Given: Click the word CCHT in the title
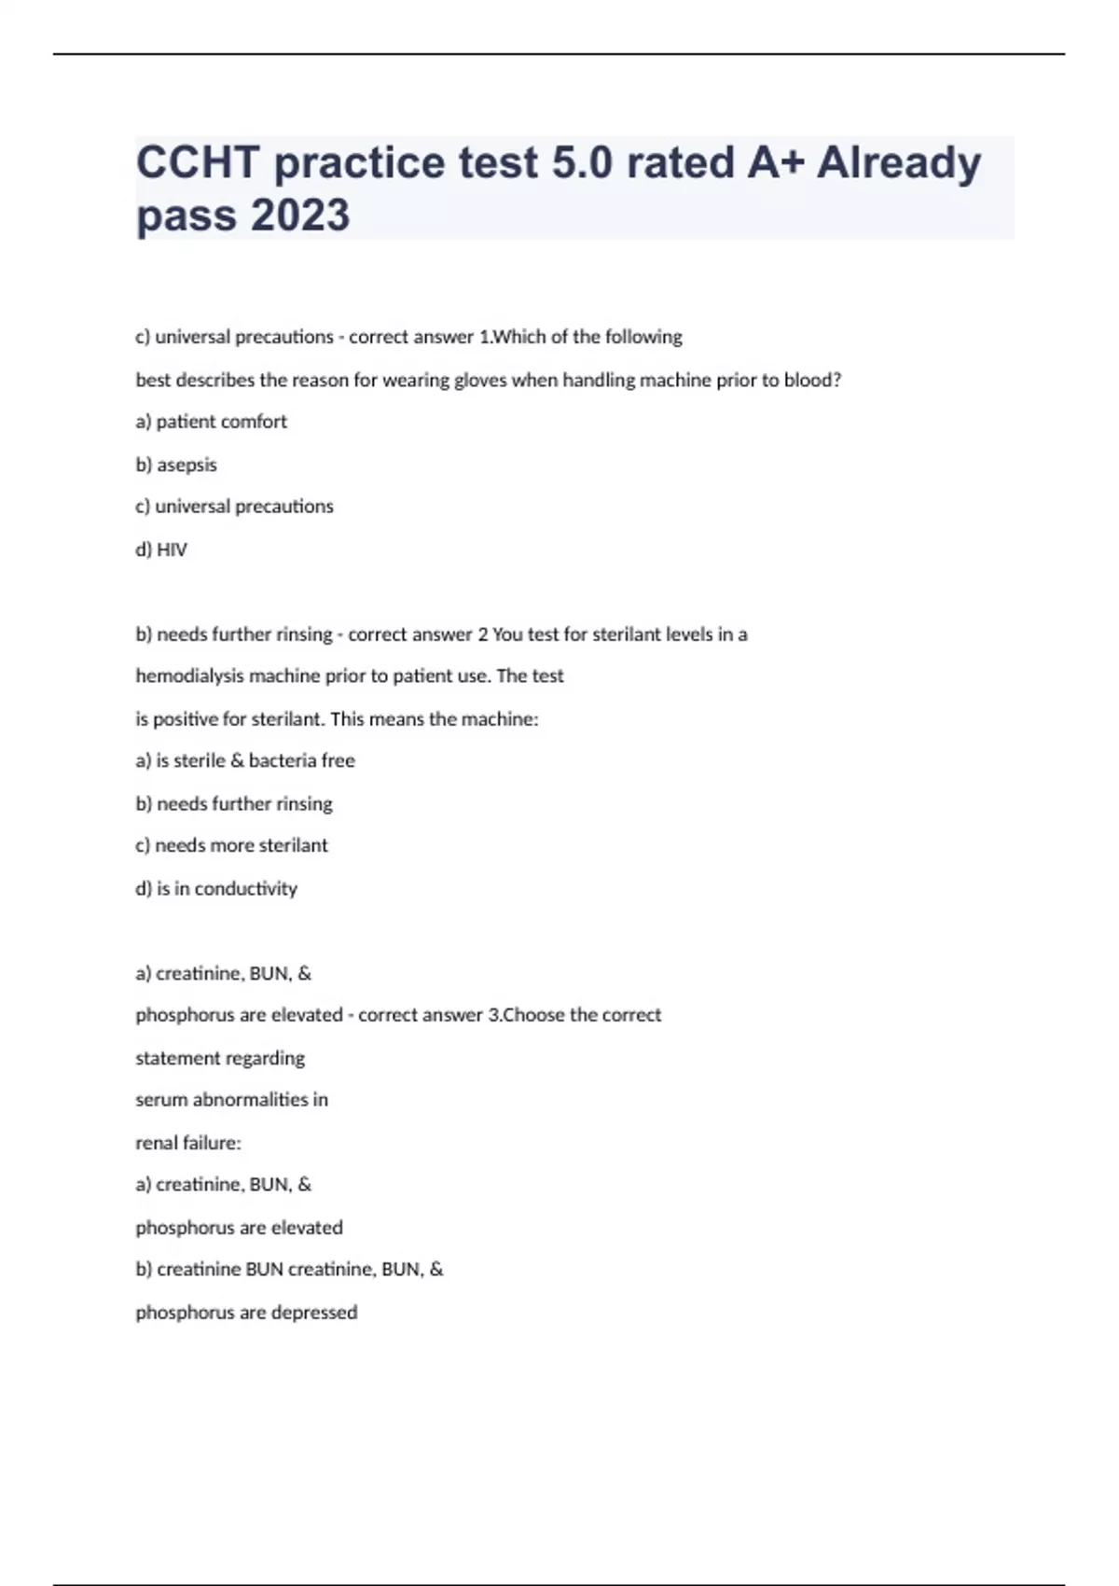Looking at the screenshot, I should click(198, 162).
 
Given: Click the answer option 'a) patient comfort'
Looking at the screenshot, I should click(211, 422).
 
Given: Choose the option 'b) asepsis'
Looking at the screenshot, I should click(176, 465).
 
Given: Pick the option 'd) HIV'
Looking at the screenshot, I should click(161, 550).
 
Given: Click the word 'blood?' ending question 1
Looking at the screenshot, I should click(813, 381).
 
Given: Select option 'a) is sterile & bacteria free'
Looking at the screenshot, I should click(245, 760).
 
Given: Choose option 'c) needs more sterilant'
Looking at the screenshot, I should click(231, 845).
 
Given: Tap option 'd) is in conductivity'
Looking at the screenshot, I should click(216, 888).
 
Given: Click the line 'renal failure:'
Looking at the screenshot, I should click(188, 1143).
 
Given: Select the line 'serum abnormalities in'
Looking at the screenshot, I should click(231, 1100).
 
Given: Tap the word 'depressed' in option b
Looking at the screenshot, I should click(313, 1313).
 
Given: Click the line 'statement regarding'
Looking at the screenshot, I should click(220, 1058).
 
